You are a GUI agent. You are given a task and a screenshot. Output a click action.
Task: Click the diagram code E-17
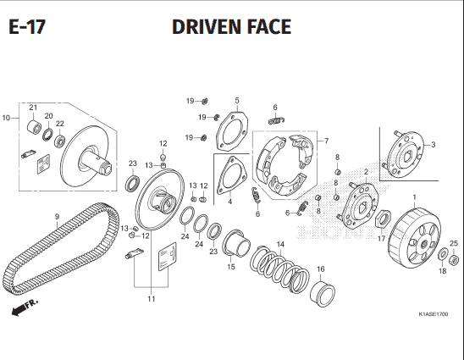27,26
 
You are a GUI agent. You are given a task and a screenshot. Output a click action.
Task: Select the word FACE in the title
269,26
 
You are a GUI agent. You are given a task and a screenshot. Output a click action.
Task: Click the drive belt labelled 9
61,248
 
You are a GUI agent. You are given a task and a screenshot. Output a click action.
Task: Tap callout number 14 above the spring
280,244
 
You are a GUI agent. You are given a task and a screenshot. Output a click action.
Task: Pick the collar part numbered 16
323,292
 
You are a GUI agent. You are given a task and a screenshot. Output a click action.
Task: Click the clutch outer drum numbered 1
414,239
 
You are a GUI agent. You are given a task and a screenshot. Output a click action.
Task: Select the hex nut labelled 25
454,261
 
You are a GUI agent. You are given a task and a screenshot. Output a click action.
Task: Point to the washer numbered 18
443,254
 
